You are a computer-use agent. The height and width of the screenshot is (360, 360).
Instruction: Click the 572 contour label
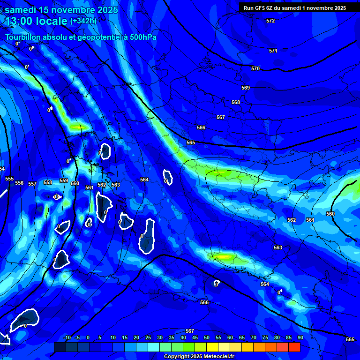coord(270,21)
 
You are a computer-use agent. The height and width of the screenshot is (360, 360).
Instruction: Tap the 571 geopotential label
coord(273,51)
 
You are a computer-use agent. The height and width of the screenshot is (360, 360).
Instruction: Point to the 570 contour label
coord(255,69)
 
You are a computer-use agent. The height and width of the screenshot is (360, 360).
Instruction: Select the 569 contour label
coord(246,88)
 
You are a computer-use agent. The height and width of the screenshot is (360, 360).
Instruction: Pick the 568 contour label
coord(236,102)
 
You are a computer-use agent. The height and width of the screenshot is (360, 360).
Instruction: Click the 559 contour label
coord(64,180)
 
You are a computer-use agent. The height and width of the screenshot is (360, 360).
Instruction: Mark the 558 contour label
coord(48,182)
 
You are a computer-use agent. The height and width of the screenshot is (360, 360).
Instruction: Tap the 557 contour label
coord(32,184)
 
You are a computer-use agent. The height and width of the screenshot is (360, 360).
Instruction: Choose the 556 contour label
coord(19,183)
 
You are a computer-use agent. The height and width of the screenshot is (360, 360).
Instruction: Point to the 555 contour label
coord(9,179)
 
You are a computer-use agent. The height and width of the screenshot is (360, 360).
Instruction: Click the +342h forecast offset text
coord(83,21)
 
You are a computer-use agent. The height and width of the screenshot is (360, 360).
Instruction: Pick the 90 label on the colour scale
coord(300,338)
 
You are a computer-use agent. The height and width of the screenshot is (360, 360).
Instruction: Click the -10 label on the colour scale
coord(67,338)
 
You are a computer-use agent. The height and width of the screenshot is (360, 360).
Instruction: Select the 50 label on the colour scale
coord(206,338)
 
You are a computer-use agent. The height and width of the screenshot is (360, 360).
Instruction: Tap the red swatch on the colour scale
coord(294,347)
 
